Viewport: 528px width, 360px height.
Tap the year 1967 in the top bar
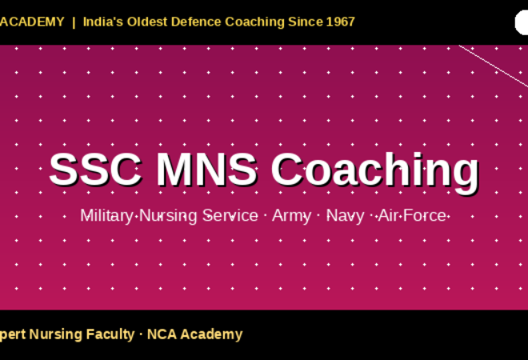340,22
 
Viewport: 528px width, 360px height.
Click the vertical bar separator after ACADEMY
74,22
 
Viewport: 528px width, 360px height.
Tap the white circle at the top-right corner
522,22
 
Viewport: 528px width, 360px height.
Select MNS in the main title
206,170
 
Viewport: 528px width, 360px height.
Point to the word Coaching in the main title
374,170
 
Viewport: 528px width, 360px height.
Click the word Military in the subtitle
107,216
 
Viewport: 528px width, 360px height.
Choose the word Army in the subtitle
290,216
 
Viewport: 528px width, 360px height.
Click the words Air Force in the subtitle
412,216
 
